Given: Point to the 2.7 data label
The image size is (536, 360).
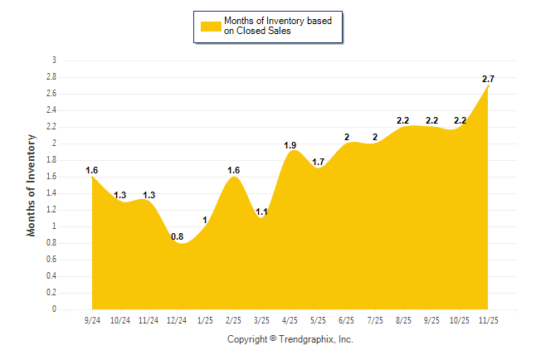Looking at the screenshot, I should pyautogui.click(x=489, y=79).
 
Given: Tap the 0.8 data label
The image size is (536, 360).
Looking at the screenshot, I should pyautogui.click(x=178, y=236).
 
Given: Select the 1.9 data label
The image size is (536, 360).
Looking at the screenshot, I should pyautogui.click(x=290, y=145).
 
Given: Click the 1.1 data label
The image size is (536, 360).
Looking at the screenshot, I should pyautogui.click(x=262, y=212).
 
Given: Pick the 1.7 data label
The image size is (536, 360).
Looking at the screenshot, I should pyautogui.click(x=318, y=162).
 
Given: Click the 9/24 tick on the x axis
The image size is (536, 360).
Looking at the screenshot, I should pyautogui.click(x=92, y=319).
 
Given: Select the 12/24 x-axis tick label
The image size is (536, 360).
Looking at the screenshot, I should pyautogui.click(x=177, y=319).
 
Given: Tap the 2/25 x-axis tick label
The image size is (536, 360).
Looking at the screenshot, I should pyautogui.click(x=234, y=319).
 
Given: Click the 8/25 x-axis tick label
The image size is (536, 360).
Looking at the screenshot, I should pyautogui.click(x=404, y=319).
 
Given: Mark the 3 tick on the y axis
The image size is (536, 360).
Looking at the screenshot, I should pyautogui.click(x=54, y=61).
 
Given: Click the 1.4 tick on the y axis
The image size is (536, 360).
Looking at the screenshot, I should pyautogui.click(x=51, y=193).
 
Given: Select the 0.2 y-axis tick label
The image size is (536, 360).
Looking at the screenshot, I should pyautogui.click(x=51, y=293).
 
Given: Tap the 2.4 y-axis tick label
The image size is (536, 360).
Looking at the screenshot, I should pyautogui.click(x=51, y=110).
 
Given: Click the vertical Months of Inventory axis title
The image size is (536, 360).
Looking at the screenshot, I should pyautogui.click(x=32, y=185).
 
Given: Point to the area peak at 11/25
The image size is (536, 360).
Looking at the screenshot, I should pyautogui.click(x=489, y=86).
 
